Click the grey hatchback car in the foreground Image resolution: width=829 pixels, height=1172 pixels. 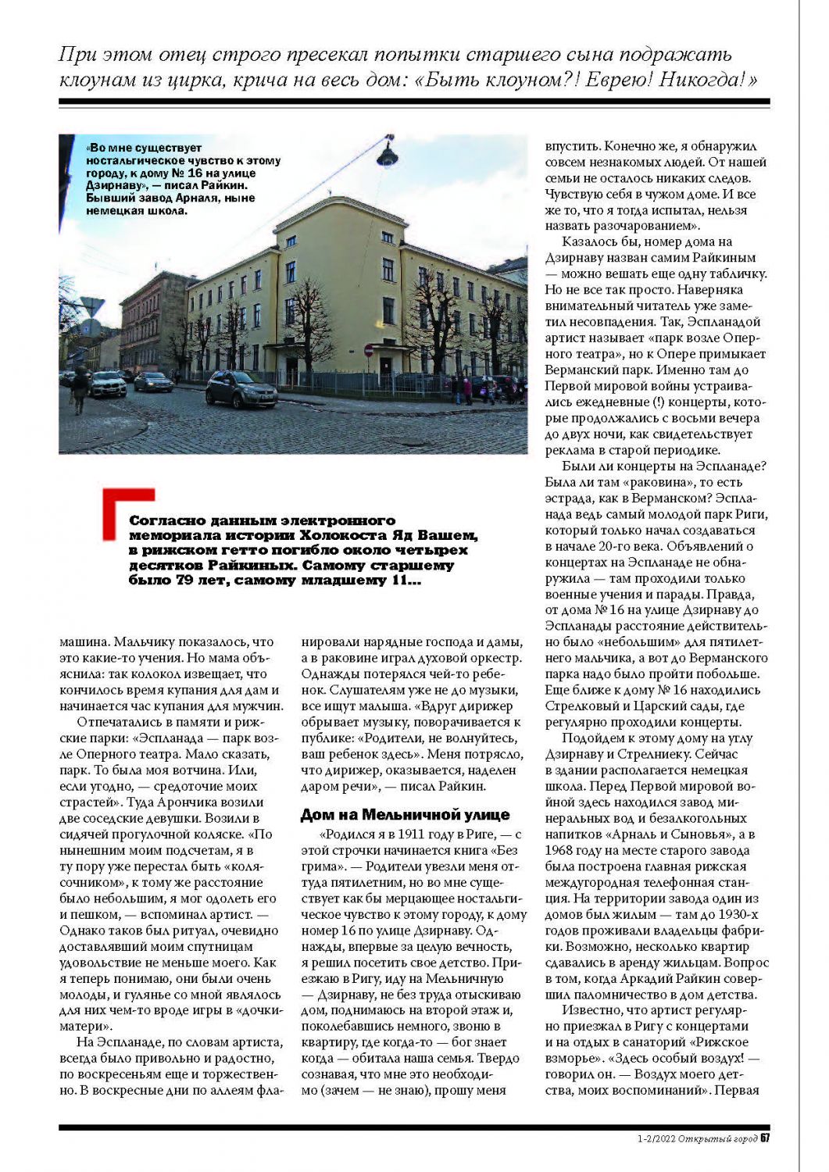tap(242, 390)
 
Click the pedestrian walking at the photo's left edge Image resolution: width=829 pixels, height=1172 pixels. tap(80, 388)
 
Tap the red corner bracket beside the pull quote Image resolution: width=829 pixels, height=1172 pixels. tap(128, 512)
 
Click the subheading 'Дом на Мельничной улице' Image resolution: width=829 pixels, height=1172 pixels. tap(405, 815)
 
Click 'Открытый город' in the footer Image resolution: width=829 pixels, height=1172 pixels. tap(717, 1138)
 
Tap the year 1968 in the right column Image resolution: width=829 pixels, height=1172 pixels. tap(562, 850)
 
